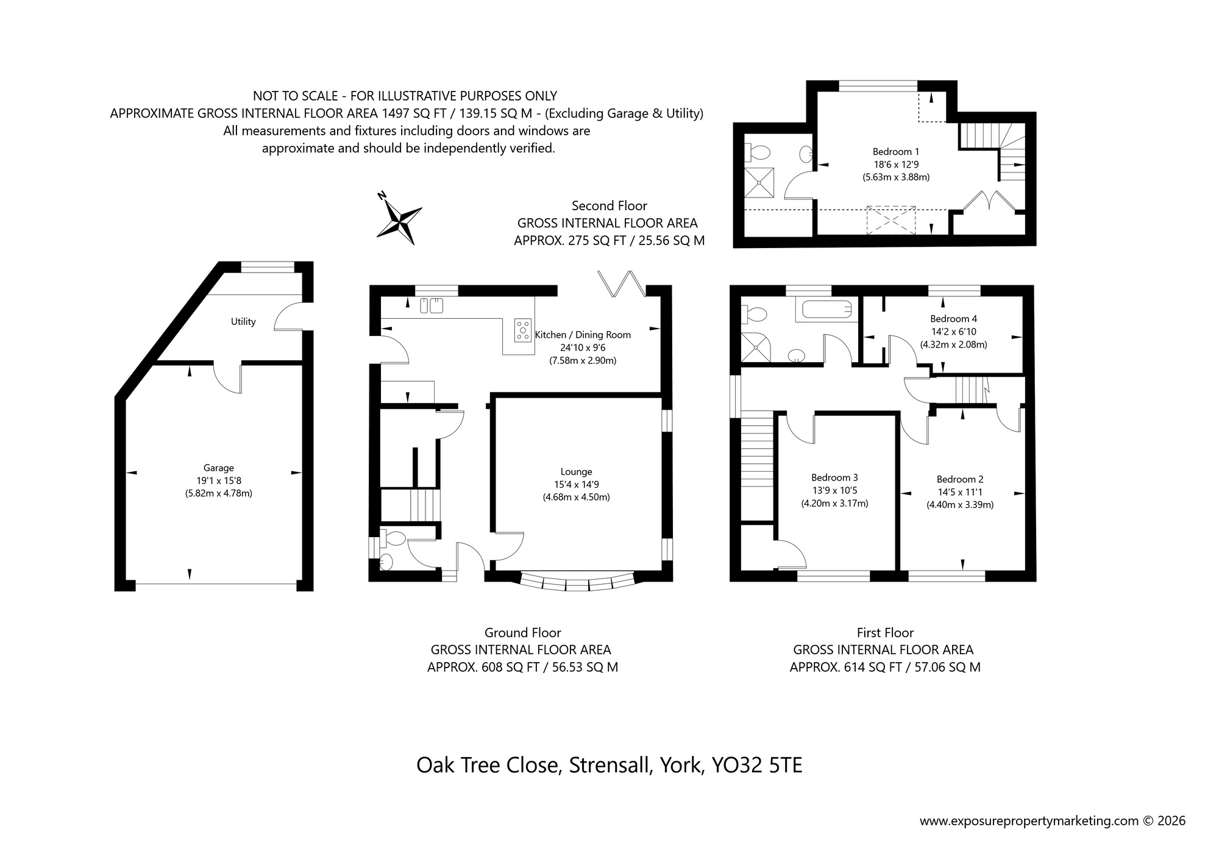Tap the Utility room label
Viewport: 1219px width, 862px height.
pos(243,322)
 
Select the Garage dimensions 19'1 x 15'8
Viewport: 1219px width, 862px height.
pos(218,481)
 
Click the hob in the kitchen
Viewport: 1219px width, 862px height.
pos(523,329)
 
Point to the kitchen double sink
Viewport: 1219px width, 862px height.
pos(431,305)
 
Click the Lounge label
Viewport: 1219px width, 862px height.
pos(576,472)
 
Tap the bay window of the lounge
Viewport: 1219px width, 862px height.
pos(577,582)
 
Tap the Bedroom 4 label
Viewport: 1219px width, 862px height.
pos(953,319)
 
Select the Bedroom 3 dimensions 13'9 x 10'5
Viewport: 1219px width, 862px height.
pos(834,491)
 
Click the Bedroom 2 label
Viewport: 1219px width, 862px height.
pos(960,480)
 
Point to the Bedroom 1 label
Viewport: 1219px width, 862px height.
pos(895,152)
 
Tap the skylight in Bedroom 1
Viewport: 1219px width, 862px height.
pos(891,219)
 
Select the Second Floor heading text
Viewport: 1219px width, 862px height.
pos(609,206)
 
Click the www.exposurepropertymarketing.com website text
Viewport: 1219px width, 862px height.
pos(1029,821)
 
